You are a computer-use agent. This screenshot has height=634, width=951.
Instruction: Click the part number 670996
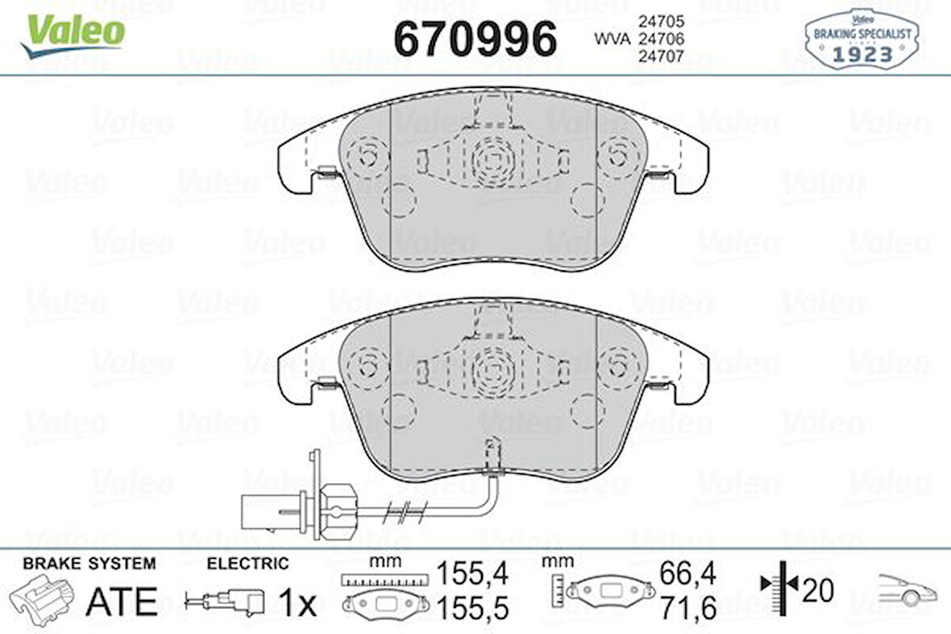(x=475, y=38)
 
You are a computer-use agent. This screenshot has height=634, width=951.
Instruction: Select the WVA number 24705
(x=662, y=20)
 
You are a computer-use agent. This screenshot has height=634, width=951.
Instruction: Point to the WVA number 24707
(x=662, y=56)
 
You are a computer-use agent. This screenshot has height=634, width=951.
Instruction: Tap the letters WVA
(x=613, y=38)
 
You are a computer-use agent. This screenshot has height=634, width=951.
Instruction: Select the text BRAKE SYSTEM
(x=89, y=564)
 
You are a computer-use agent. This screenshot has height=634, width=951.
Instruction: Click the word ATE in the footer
(x=121, y=601)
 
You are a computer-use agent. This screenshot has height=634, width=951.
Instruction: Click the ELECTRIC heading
(x=247, y=564)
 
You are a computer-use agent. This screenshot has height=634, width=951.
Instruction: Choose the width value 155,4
(x=472, y=574)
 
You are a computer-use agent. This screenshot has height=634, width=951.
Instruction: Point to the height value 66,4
(x=687, y=574)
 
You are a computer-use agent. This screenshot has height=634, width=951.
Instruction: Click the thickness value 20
(x=817, y=590)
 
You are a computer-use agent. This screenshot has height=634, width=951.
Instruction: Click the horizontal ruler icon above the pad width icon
(x=382, y=578)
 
